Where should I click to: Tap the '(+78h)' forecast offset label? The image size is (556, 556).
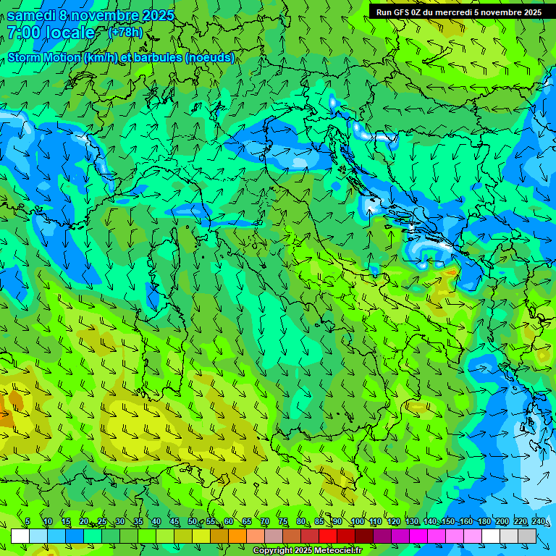click(x=125, y=32)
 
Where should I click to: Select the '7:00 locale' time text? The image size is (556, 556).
click(x=51, y=33)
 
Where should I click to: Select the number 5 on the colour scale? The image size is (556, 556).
click(x=28, y=522)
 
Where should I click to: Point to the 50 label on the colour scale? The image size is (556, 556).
click(x=192, y=522)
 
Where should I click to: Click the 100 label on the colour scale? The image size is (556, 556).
click(x=358, y=522)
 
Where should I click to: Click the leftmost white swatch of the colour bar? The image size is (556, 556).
click(x=20, y=536)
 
